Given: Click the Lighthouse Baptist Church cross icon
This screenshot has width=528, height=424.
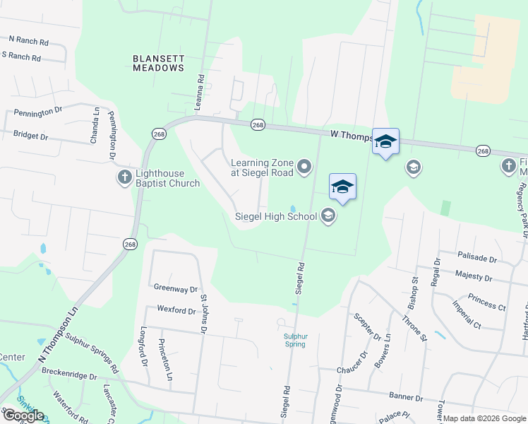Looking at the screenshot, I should pos(124,177).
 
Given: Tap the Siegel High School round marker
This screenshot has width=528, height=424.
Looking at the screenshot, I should pos(328,216).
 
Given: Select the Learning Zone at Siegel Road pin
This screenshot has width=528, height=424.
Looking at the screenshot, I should pos(304,167).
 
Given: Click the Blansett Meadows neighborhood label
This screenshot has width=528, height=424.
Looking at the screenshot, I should pos(159,62).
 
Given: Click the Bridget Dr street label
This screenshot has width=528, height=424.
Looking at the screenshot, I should pos(30,136).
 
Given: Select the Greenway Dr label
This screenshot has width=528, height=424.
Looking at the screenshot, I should pos(176,289).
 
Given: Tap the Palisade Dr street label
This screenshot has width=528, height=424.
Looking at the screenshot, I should pos(477,259).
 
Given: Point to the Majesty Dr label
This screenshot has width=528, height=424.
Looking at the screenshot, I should pos(474,276).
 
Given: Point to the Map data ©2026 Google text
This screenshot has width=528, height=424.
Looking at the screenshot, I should pos(484,418).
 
